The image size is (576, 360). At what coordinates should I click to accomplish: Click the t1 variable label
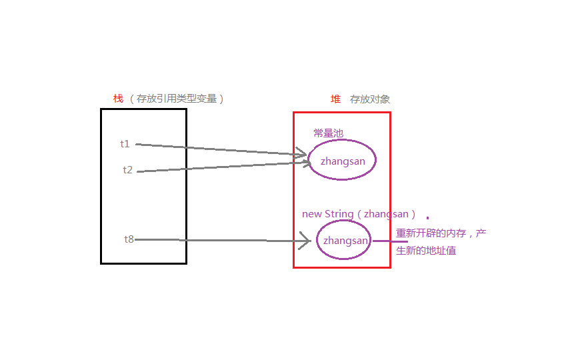tap(125, 144)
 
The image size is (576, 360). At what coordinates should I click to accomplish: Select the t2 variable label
tap(127, 170)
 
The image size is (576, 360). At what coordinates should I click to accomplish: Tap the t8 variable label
tap(129, 239)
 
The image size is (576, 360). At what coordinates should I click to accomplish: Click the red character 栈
tap(118, 99)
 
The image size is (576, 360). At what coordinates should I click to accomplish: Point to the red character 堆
tap(335, 99)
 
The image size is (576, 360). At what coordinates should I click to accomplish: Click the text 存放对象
tap(370, 99)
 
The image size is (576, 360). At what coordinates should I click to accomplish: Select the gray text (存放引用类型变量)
tap(177, 99)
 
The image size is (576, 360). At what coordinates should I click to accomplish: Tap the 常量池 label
tap(328, 133)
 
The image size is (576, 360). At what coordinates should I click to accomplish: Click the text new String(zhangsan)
tap(359, 214)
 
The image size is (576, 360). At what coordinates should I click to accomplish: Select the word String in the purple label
tap(339, 214)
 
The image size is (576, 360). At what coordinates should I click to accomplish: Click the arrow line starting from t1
tap(220, 149)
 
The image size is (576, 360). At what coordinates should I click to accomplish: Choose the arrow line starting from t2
tap(220, 167)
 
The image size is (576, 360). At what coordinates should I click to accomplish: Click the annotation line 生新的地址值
tap(426, 251)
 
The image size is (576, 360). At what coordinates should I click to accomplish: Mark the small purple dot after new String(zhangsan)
tap(427, 218)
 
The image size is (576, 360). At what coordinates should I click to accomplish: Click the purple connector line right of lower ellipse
tap(389, 241)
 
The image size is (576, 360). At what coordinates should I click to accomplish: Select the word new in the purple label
tap(312, 214)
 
